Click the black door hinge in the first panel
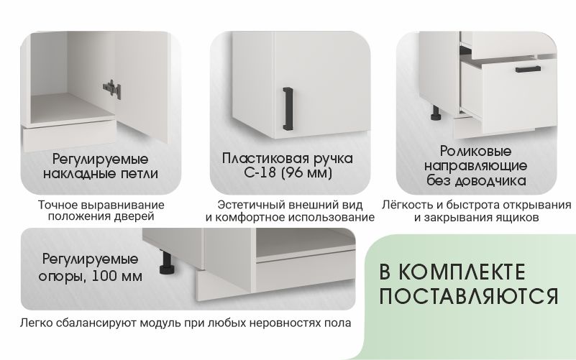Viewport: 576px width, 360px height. [x=111, y=89]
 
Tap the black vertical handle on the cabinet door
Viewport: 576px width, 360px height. [x=288, y=109]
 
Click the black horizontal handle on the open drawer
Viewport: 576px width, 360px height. [x=528, y=69]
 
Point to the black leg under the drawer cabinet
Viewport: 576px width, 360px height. [x=436, y=113]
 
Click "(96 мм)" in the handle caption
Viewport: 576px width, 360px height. [x=306, y=172]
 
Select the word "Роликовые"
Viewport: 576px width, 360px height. [x=476, y=151]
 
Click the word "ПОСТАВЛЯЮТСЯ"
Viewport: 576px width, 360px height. [x=468, y=296]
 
